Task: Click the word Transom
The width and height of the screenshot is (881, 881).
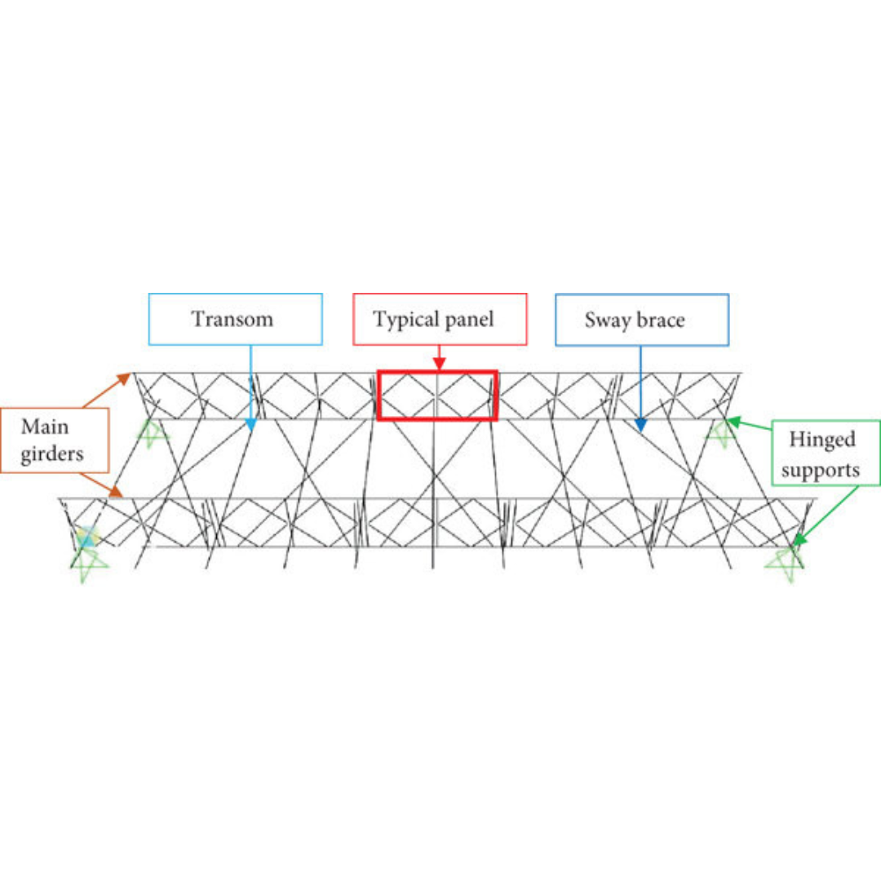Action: click(x=232, y=318)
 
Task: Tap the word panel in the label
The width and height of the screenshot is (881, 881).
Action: click(x=470, y=319)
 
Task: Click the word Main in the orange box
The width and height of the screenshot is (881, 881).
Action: click(x=45, y=427)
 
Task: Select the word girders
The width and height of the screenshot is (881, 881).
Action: click(x=52, y=454)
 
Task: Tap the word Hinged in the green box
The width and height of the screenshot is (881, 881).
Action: click(x=821, y=440)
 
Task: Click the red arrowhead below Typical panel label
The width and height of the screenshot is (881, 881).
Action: click(x=439, y=364)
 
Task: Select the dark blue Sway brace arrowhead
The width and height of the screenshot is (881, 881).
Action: click(x=640, y=424)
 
